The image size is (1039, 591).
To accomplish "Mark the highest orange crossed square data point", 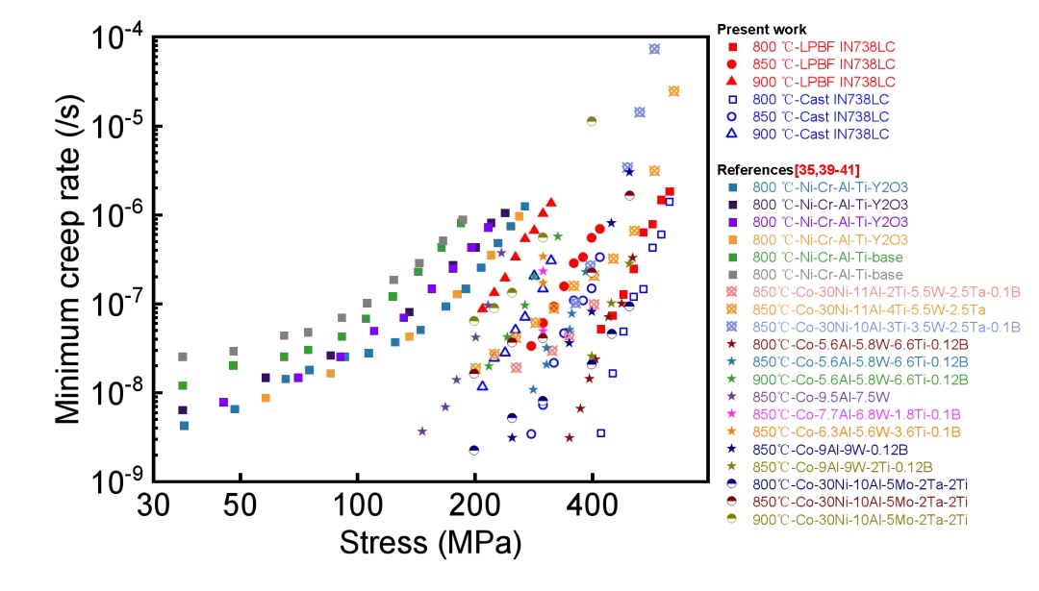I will click(x=673, y=91).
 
